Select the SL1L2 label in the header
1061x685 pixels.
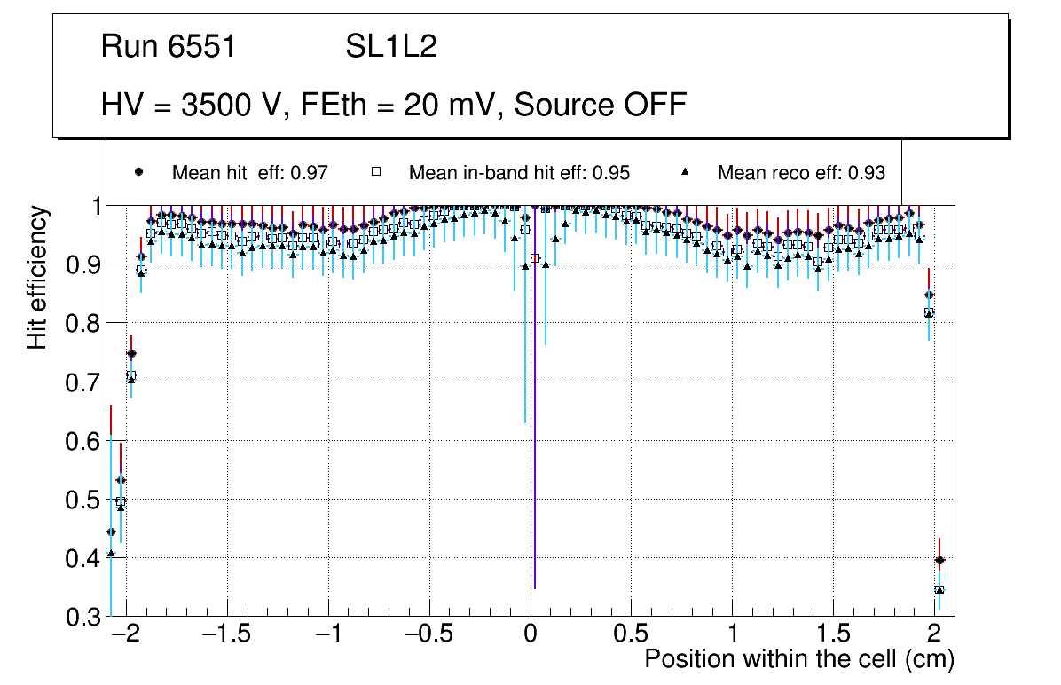point(391,47)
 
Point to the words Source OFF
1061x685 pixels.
point(601,105)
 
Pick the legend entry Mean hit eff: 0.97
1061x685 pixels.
point(250,173)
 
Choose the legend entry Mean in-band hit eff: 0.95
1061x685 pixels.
point(519,173)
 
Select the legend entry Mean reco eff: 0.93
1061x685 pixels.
point(801,173)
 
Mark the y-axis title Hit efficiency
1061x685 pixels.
point(37,277)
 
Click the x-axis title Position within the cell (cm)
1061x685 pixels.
point(798,660)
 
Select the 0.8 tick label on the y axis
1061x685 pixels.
point(84,324)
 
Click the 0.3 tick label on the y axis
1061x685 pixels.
point(84,617)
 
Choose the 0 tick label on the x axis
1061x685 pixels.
point(530,635)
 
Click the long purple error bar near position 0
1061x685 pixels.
point(535,444)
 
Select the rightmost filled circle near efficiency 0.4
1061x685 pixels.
point(939,560)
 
